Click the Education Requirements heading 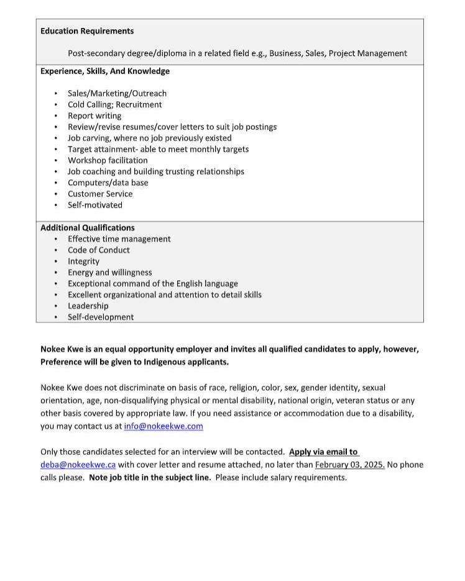(87, 31)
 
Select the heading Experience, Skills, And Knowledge (105, 71)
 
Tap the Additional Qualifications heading (88, 228)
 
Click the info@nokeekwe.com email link (163, 426)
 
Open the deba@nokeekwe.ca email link (78, 465)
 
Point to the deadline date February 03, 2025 (350, 465)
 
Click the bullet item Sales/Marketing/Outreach (117, 93)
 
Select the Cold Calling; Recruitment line (115, 104)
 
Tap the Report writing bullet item (94, 116)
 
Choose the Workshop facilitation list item (108, 160)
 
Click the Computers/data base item (108, 183)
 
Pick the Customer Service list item (100, 194)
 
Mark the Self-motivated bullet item (95, 205)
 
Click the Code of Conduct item (99, 250)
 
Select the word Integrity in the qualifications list (83, 262)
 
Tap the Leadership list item (88, 306)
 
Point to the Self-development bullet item (101, 318)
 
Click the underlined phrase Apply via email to (323, 452)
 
